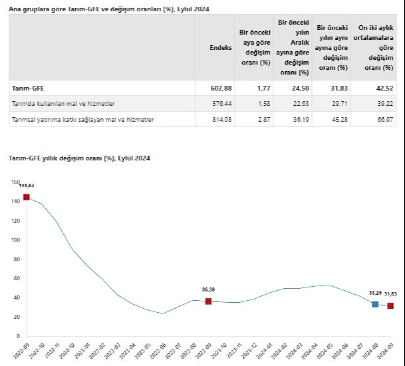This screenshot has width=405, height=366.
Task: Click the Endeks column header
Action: pyautogui.click(x=221, y=48)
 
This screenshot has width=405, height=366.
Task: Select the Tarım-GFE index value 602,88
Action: pyautogui.click(x=221, y=88)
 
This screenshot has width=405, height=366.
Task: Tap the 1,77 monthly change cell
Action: pyautogui.click(x=264, y=88)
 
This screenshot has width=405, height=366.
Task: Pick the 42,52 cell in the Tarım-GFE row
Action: pyautogui.click(x=384, y=88)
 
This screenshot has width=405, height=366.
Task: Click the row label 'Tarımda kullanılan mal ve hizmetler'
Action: pyautogui.click(x=63, y=104)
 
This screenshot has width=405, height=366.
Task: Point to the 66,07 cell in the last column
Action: pyautogui.click(x=385, y=120)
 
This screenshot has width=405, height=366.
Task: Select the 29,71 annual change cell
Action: pyautogui.click(x=340, y=104)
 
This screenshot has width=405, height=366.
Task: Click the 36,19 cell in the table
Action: pyautogui.click(x=301, y=120)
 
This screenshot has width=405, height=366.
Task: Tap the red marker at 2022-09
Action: pyautogui.click(x=27, y=197)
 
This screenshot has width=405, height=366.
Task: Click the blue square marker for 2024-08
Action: pyautogui.click(x=375, y=304)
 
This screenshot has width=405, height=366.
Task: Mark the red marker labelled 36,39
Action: pyautogui.click(x=208, y=301)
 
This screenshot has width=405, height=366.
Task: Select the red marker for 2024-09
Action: pyautogui.click(x=390, y=306)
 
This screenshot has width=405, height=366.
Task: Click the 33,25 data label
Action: pyautogui.click(x=375, y=293)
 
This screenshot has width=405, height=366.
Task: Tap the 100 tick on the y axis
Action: pyautogui.click(x=16, y=240)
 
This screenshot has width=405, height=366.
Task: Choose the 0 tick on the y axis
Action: pyautogui.click(x=18, y=336)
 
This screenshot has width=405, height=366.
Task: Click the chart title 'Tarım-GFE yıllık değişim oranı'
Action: pyautogui.click(x=79, y=158)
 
